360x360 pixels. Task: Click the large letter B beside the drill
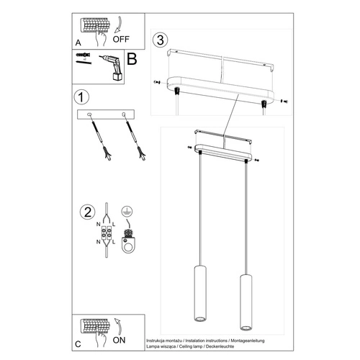point(132,60)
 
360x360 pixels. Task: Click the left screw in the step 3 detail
point(158,84)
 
